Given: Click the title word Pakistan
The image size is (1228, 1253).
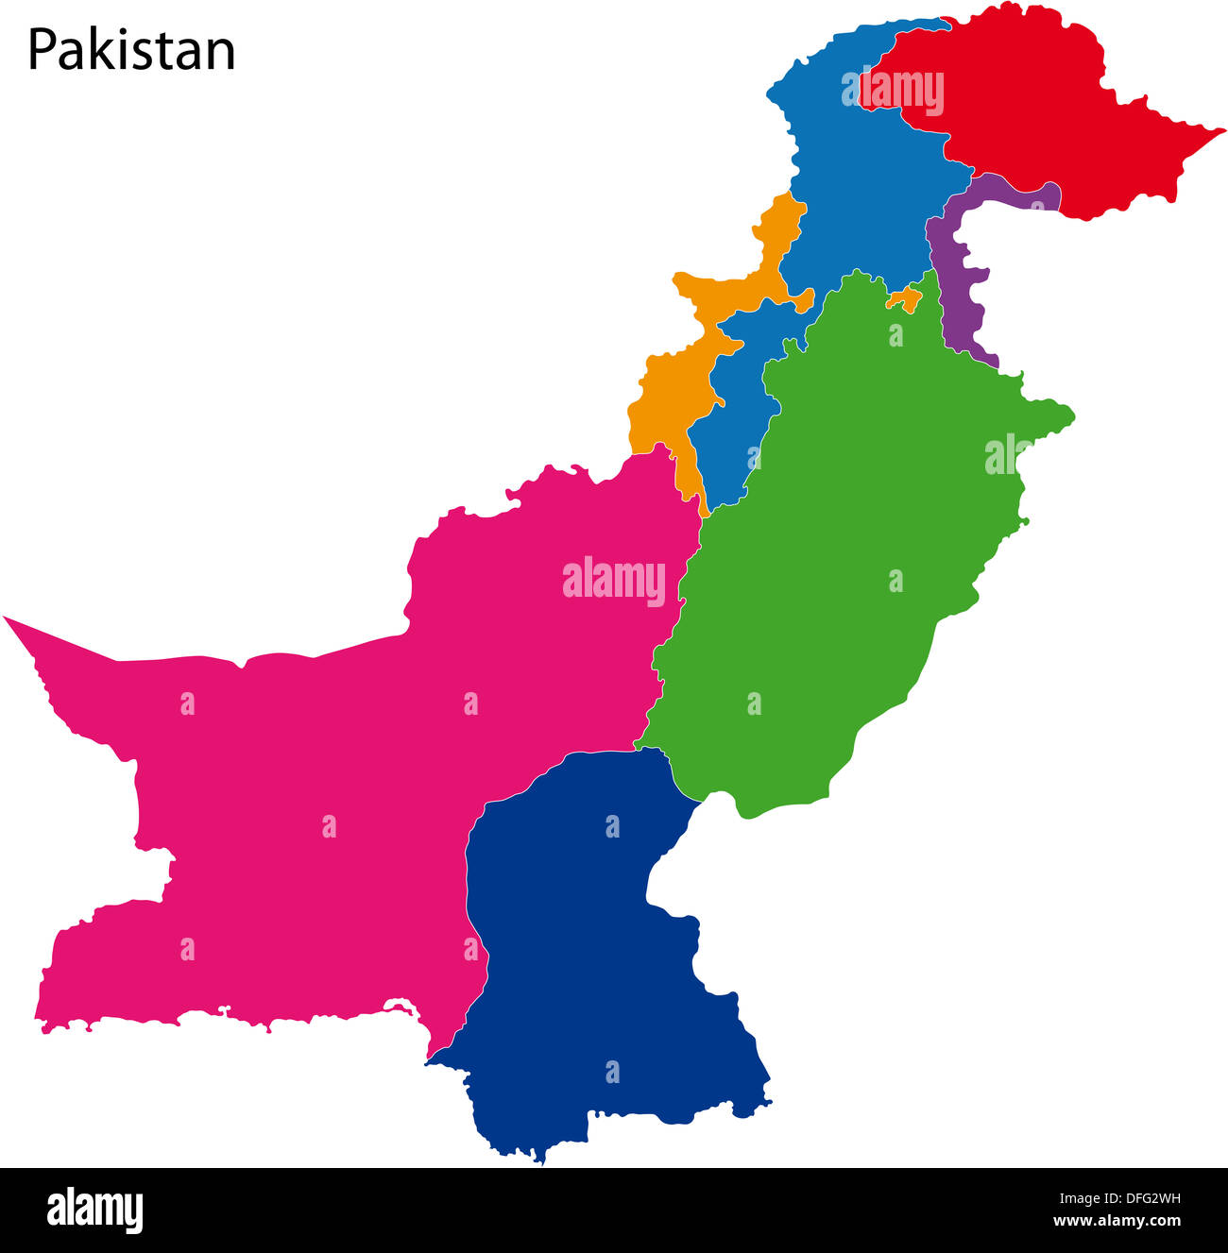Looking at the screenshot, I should [131, 50].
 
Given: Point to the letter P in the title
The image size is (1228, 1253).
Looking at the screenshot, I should [42, 50].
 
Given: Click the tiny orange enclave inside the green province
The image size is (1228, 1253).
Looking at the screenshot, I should [905, 301].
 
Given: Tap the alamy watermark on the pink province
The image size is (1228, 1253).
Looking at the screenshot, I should [614, 580].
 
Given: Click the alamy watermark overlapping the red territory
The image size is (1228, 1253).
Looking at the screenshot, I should [901, 93].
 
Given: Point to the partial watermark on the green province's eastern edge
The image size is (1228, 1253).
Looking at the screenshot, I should [1003, 454].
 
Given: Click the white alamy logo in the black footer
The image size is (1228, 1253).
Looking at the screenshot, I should [94, 1211].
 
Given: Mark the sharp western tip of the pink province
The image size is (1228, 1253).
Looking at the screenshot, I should [8, 619].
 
